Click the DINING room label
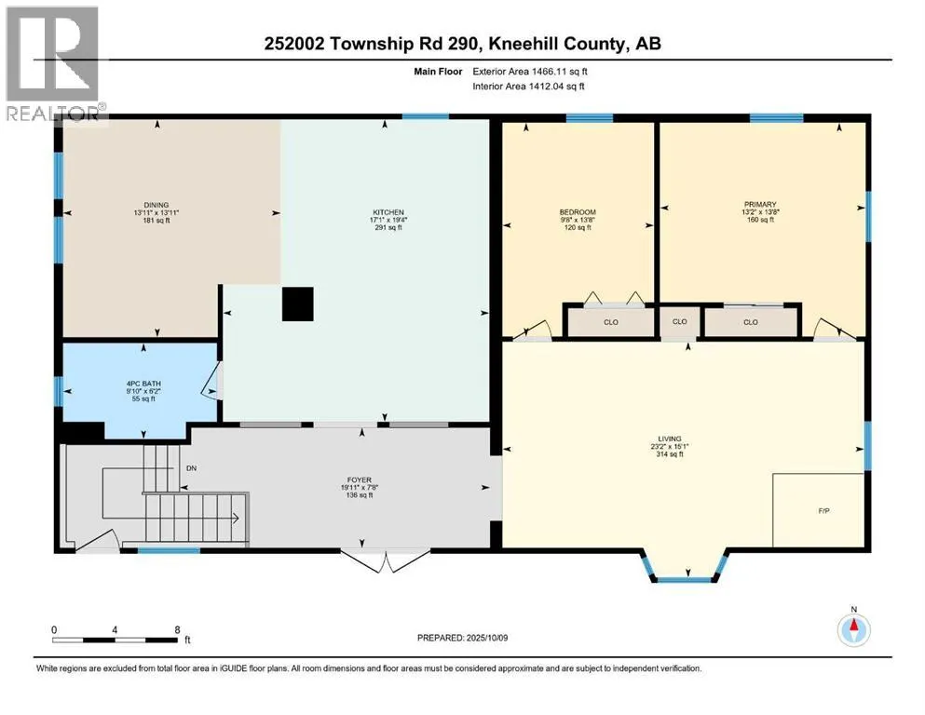point(156,205)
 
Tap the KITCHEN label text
point(388,212)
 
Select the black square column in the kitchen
point(297,304)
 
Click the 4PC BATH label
point(143,384)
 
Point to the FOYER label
point(360,480)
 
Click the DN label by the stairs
point(191,468)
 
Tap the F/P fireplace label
point(824,511)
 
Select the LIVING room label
point(670,439)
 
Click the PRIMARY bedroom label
point(760,205)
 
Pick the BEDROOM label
point(578,212)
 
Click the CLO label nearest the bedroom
point(610,322)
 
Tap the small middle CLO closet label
point(680,322)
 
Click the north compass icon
point(853,629)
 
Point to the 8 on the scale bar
point(177,629)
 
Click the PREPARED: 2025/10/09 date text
point(462,638)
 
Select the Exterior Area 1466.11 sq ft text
point(530,72)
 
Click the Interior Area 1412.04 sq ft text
point(528,86)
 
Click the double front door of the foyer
point(386,561)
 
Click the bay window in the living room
point(686,567)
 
